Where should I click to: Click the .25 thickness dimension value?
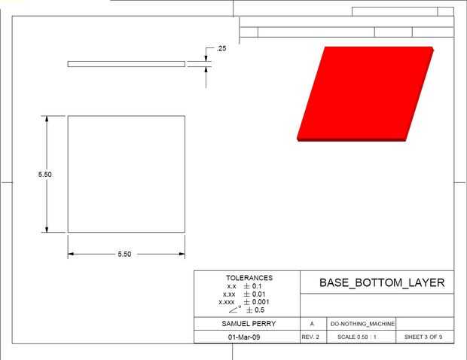point(221,48)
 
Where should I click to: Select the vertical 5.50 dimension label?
point(44,174)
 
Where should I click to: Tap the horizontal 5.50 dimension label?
point(124,254)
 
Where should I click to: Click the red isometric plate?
point(365,93)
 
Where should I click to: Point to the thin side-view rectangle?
point(127,64)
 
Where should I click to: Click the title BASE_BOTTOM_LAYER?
point(382,282)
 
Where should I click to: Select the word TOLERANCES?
point(249,278)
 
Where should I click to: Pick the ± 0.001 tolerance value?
point(256,302)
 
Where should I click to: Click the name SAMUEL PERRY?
point(249,324)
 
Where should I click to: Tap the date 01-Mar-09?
point(244,337)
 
